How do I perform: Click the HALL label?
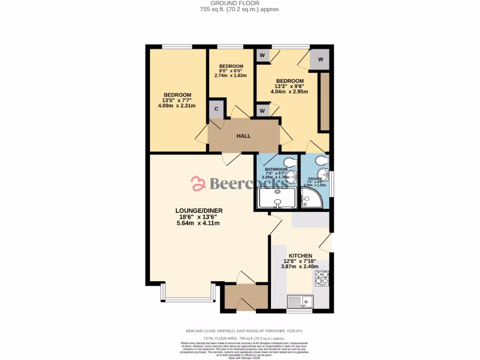pyautogui.click(x=243, y=136)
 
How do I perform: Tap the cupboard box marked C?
pyautogui.click(x=216, y=109)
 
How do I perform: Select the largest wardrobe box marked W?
pyautogui.click(x=321, y=60)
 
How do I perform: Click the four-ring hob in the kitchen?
pyautogui.click(x=322, y=278)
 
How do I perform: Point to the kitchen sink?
pyautogui.click(x=300, y=300)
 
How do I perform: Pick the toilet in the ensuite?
pyautogui.click(x=322, y=161)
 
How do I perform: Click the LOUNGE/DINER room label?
pyautogui.click(x=199, y=210)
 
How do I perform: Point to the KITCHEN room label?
pyautogui.click(x=300, y=255)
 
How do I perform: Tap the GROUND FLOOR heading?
pyautogui.click(x=240, y=3)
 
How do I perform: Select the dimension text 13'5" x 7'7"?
pyautogui.click(x=177, y=100)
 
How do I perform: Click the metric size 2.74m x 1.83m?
pyautogui.click(x=231, y=75)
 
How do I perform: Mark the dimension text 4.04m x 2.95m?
pyautogui.click(x=289, y=92)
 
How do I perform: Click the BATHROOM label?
pyautogui.click(x=276, y=169)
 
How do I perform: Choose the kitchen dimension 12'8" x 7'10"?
pyautogui.click(x=300, y=261)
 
